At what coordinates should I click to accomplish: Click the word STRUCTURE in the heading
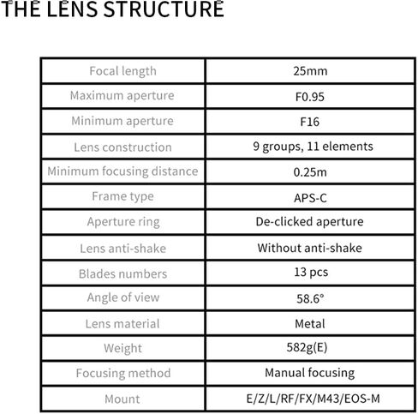click(x=164, y=9)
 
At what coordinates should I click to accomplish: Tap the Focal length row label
click(x=122, y=71)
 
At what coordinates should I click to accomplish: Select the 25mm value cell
click(x=310, y=71)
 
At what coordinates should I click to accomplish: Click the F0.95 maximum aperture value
click(x=310, y=97)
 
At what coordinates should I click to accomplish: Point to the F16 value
click(x=310, y=122)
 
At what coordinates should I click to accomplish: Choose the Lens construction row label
click(x=122, y=147)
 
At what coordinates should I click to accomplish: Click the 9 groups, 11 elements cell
click(x=313, y=147)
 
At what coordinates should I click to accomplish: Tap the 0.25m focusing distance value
click(x=310, y=172)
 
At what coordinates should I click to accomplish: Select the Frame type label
click(x=122, y=196)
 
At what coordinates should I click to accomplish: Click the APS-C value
click(x=310, y=198)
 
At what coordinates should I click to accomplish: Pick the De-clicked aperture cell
click(x=309, y=222)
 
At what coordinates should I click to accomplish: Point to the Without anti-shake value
click(x=309, y=248)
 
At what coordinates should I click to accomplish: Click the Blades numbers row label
click(x=122, y=273)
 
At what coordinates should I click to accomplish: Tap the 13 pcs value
click(x=311, y=273)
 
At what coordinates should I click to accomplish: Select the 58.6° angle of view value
click(x=310, y=299)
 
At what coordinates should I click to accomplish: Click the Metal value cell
click(x=310, y=324)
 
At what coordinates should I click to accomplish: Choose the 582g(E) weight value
click(x=307, y=348)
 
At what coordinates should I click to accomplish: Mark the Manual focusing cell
click(x=310, y=373)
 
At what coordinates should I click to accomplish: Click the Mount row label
click(x=122, y=399)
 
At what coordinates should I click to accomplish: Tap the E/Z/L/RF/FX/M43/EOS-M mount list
click(x=313, y=399)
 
